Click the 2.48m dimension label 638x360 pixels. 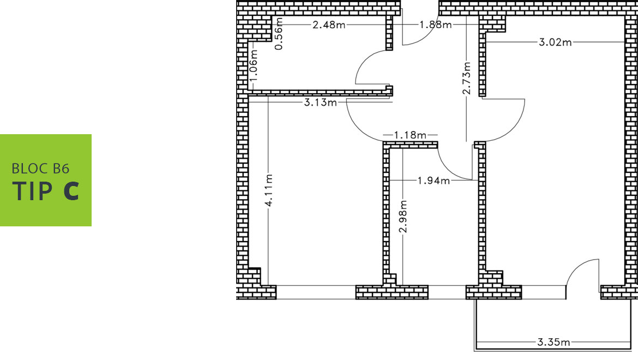pyautogui.click(x=329, y=25)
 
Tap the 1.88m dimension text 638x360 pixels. pyautogui.click(x=435, y=25)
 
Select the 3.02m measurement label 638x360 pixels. pyautogui.click(x=555, y=43)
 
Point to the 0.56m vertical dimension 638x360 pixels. pyautogui.click(x=279, y=33)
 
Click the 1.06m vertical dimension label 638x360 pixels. pyautogui.click(x=254, y=65)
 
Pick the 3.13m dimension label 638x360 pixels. pyautogui.click(x=320, y=103)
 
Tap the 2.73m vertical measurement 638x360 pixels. pyautogui.click(x=467, y=78)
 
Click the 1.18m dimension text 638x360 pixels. pyautogui.click(x=410, y=135)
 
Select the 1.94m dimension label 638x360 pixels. pyautogui.click(x=434, y=181)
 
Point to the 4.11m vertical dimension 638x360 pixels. pyautogui.click(x=269, y=190)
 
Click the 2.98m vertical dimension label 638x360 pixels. pyautogui.click(x=403, y=217)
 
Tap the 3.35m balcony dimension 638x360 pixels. pyautogui.click(x=553, y=342)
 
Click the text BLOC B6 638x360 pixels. pyautogui.click(x=40, y=169)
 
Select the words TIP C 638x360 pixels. pyautogui.click(x=45, y=191)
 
